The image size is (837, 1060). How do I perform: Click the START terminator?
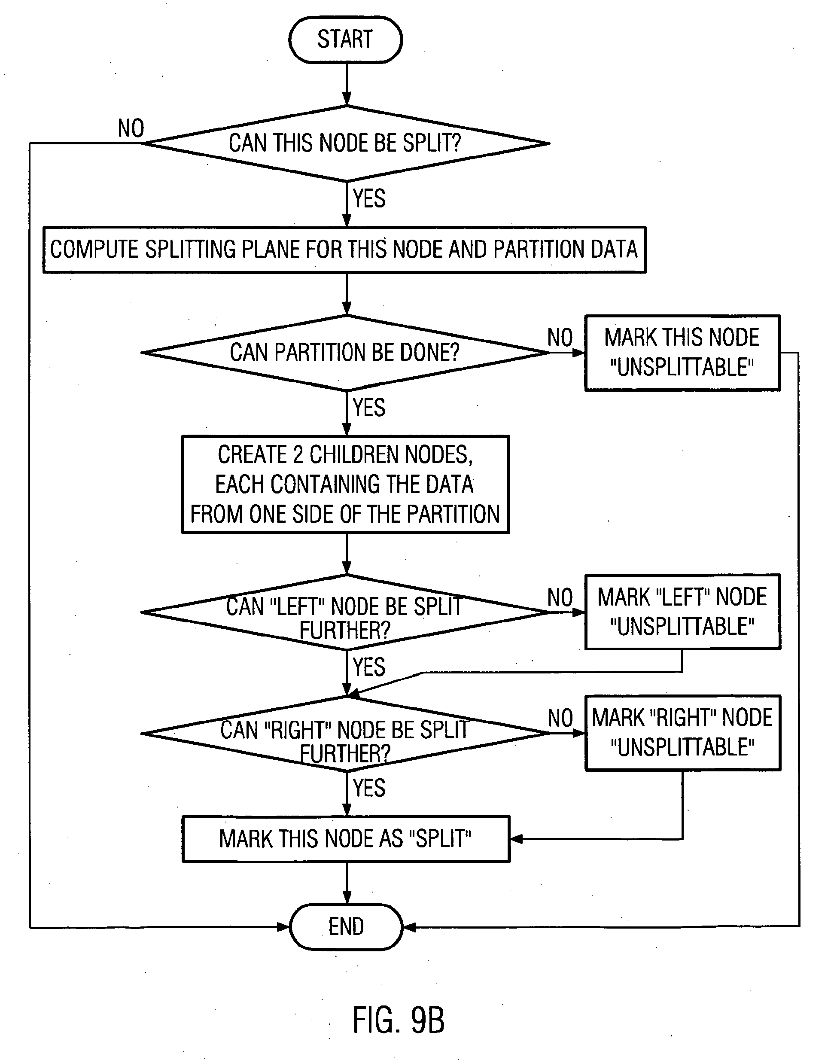[345, 40]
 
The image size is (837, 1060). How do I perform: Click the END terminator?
[346, 927]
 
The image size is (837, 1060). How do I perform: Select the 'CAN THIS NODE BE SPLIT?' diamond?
[345, 143]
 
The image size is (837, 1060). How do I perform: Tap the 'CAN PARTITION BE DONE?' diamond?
[345, 352]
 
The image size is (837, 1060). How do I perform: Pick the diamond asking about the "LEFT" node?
[345, 612]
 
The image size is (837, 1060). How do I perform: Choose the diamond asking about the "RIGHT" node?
[345, 734]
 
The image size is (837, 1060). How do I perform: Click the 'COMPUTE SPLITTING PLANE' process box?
[344, 250]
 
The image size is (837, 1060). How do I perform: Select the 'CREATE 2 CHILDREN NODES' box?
[345, 484]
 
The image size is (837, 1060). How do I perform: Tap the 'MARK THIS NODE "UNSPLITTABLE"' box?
[682, 352]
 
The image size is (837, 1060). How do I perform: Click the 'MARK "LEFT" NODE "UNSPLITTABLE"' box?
[682, 612]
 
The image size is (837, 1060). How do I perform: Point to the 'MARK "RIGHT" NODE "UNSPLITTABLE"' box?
[682, 733]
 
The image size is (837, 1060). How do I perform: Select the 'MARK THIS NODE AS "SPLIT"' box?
[345, 839]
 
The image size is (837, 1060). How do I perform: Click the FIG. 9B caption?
[398, 1020]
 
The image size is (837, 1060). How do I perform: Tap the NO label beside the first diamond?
[131, 128]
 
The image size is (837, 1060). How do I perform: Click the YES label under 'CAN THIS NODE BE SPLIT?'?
[369, 198]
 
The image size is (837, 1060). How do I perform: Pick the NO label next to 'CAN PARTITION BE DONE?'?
[560, 338]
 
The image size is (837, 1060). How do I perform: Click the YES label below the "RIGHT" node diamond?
[369, 788]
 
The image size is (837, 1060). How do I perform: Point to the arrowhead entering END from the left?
[283, 927]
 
